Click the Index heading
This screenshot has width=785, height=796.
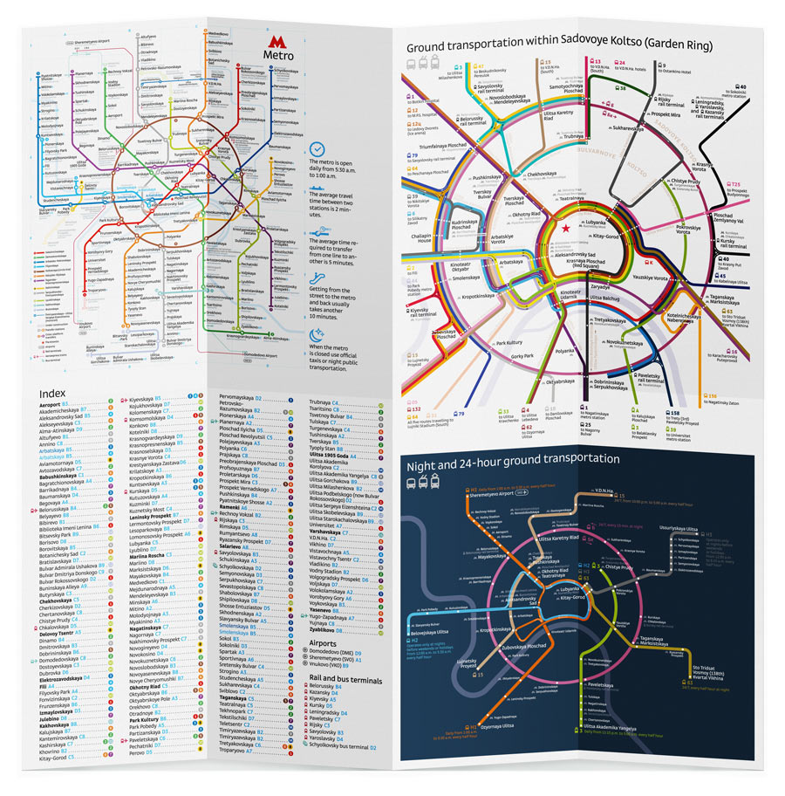click(54, 394)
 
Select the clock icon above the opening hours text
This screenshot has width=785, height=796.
click(317, 149)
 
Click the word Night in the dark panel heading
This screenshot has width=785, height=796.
click(426, 458)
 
